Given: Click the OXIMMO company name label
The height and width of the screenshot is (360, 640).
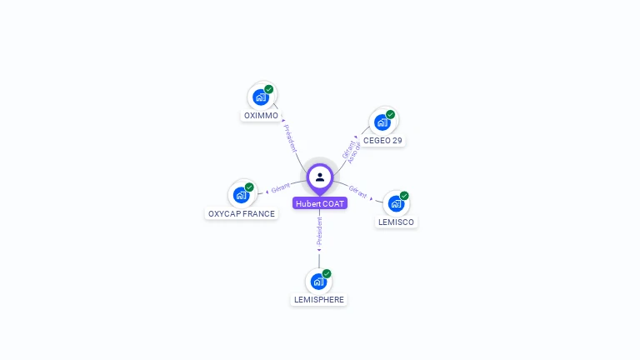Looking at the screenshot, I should pyautogui.click(x=261, y=116).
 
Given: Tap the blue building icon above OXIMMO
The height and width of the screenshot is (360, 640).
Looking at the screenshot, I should pyautogui.click(x=261, y=97).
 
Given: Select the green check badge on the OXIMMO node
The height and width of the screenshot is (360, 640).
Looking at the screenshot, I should pyautogui.click(x=269, y=89).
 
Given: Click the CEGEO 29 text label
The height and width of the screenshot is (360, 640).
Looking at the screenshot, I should pyautogui.click(x=382, y=141).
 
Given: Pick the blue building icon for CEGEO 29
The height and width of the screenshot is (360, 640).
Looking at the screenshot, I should pyautogui.click(x=382, y=123).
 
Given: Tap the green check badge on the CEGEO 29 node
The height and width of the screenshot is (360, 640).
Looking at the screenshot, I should pyautogui.click(x=390, y=115).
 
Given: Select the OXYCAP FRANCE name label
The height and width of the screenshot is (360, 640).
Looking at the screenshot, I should pyautogui.click(x=241, y=214).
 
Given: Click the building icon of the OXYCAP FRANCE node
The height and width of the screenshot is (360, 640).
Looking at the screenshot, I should pyautogui.click(x=241, y=195).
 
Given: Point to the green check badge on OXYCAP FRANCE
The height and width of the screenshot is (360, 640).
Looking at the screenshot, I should pyautogui.click(x=249, y=187).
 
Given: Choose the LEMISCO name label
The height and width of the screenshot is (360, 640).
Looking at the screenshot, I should pyautogui.click(x=396, y=222).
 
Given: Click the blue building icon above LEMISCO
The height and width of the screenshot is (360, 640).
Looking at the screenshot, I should pyautogui.click(x=396, y=203).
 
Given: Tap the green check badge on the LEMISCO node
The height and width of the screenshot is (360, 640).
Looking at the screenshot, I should pyautogui.click(x=404, y=196).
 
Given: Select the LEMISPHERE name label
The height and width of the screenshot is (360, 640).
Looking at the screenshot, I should pyautogui.click(x=318, y=300).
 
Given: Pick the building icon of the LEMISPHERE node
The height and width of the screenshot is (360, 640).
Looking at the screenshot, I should pyautogui.click(x=318, y=282).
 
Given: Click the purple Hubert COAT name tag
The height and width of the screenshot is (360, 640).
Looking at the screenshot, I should pyautogui.click(x=320, y=203).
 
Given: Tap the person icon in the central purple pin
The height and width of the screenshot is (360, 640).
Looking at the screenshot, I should pyautogui.click(x=320, y=177).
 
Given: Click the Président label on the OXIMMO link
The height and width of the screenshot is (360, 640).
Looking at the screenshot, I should pyautogui.click(x=290, y=137).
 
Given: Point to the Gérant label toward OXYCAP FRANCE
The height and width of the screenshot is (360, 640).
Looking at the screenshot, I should pyautogui.click(x=280, y=188).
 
